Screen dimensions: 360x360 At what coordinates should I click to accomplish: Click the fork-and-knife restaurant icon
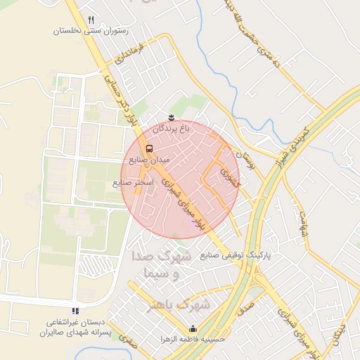91,20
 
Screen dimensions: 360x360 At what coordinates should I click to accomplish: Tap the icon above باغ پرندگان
172,117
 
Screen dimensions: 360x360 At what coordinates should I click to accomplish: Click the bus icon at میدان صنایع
149,148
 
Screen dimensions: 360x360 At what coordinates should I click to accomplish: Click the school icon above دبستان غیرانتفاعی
75,311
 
